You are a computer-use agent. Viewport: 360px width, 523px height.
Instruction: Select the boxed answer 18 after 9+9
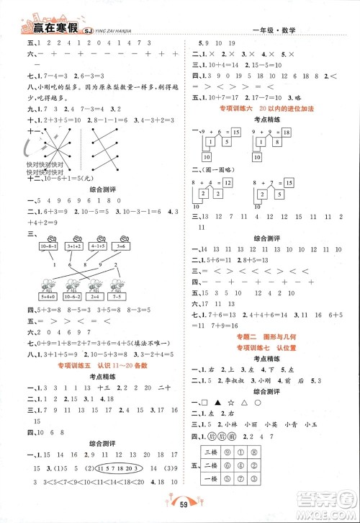click(x=286, y=133)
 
